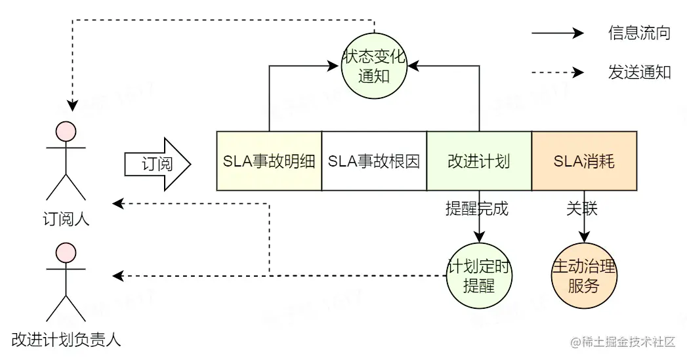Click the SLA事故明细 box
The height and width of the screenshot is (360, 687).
pos(269,161)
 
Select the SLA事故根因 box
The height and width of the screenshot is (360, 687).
pos(374,161)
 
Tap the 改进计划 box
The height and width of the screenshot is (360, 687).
pos(479,161)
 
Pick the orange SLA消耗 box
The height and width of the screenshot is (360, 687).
pos(584,161)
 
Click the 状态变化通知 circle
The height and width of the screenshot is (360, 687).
pos(374,66)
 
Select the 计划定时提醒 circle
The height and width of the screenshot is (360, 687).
pos(479,276)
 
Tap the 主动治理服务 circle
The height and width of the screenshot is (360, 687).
pos(584,276)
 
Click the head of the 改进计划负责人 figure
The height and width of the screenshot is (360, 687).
pos(66,252)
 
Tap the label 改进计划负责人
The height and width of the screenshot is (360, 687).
pos(66,340)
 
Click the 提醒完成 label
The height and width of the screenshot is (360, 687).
pos(477,209)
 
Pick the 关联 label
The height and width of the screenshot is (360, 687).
pos(582,209)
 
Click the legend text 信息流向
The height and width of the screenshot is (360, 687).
pos(639,33)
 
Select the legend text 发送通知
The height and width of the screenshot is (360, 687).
pos(639,72)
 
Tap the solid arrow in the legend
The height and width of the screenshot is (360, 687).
pos(557,33)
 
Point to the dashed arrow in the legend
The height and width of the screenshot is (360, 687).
pos(557,72)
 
